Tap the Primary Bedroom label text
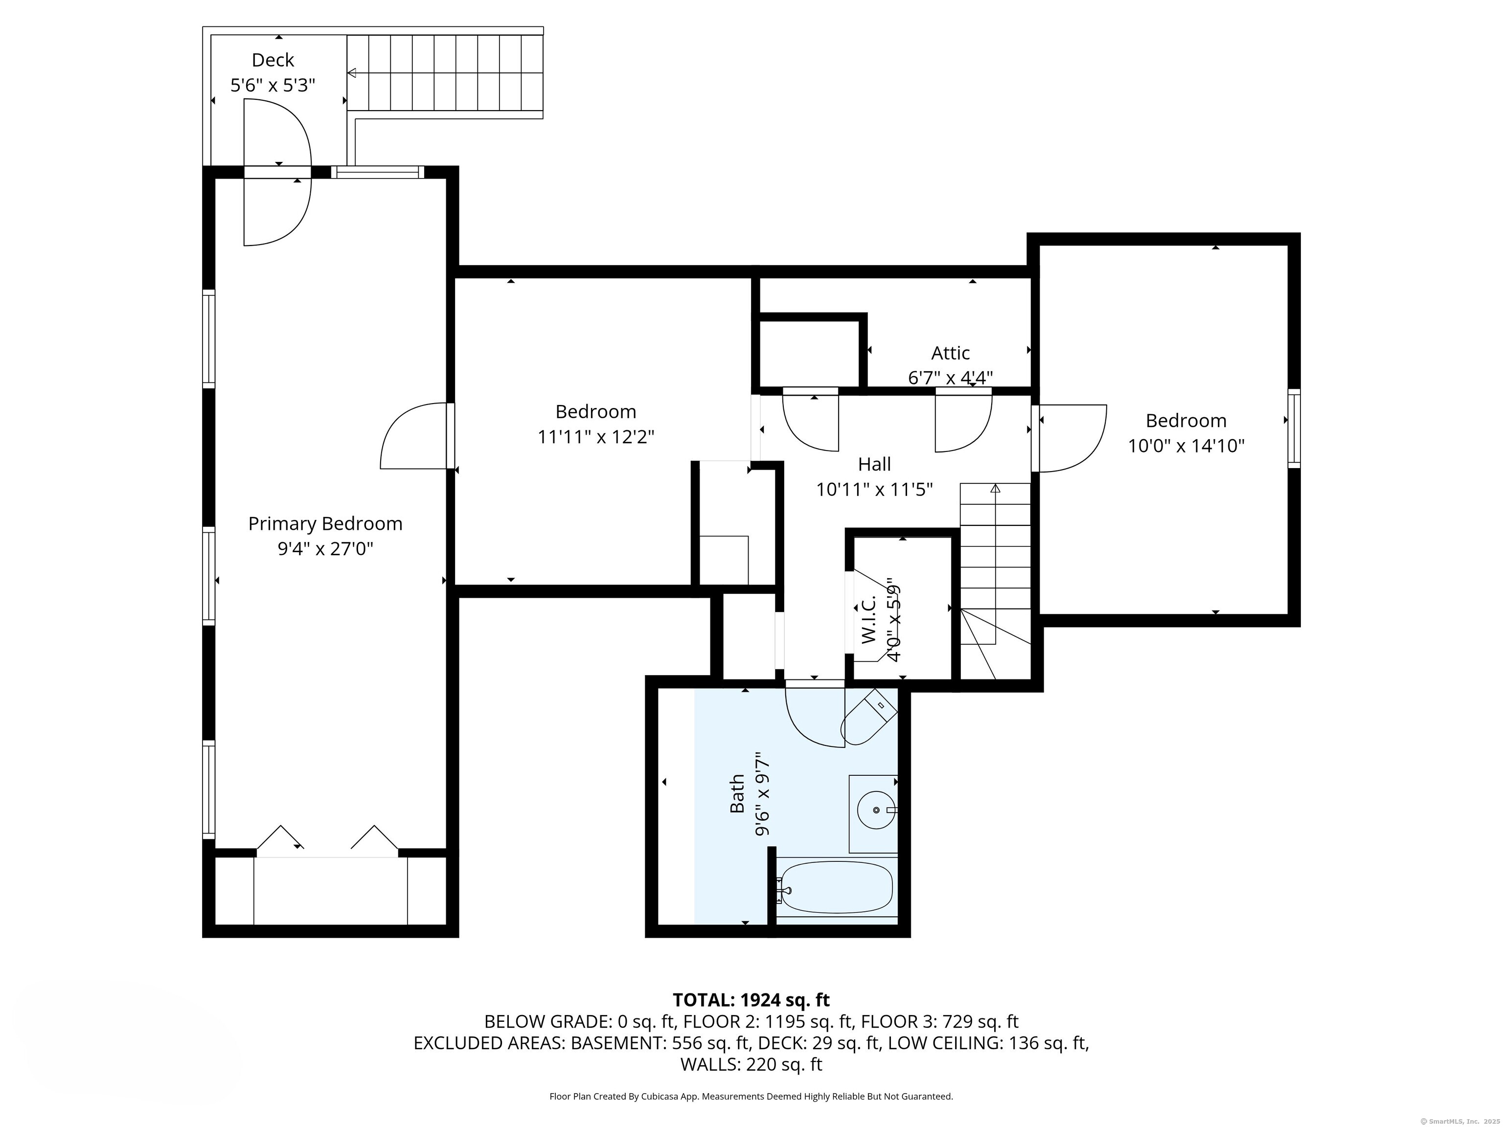pos(325,524)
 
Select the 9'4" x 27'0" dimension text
pos(325,548)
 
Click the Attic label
pos(950,353)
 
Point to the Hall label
pos(874,464)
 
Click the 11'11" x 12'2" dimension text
pos(596,436)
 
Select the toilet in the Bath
pos(868,717)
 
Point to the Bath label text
pos(737,794)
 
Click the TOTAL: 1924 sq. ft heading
pos(751,1000)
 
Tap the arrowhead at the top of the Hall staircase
pos(996,488)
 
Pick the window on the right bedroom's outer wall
pos(1294,428)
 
